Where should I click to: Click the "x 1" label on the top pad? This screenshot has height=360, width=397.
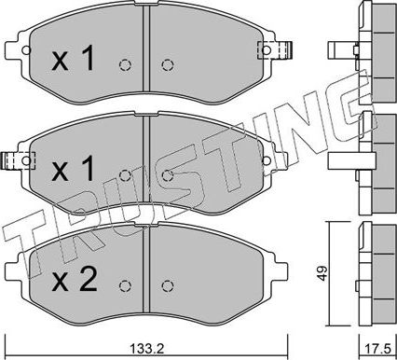click(73, 61)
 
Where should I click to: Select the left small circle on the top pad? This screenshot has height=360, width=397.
click(126, 65)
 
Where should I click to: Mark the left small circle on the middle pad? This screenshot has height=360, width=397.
click(126, 173)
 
